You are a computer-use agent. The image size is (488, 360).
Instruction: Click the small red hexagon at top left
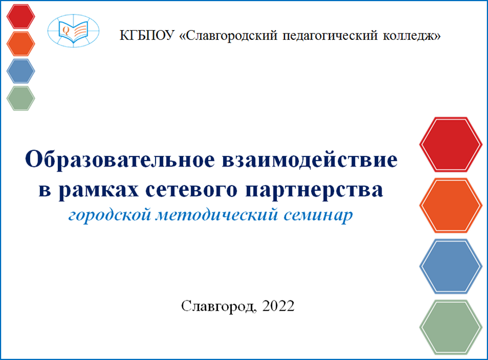21,16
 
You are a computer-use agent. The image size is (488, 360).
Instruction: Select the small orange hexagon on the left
21,43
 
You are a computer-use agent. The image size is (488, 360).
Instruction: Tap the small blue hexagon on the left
21,71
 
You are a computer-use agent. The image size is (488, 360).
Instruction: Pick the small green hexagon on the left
21,98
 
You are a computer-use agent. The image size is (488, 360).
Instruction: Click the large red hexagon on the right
450,144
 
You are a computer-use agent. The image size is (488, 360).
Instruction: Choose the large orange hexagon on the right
450,205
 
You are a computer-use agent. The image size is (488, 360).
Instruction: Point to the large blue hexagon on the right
450,266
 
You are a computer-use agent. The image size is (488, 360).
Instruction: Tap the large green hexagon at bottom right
450,327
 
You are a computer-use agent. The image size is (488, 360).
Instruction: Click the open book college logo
73,31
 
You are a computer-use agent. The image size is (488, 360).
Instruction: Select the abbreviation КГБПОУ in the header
147,35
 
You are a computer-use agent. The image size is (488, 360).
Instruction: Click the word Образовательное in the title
120,159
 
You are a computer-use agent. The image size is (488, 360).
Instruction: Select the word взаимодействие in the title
310,160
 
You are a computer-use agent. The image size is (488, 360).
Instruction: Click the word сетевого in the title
191,189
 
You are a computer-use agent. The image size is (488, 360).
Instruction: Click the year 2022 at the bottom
278,306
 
